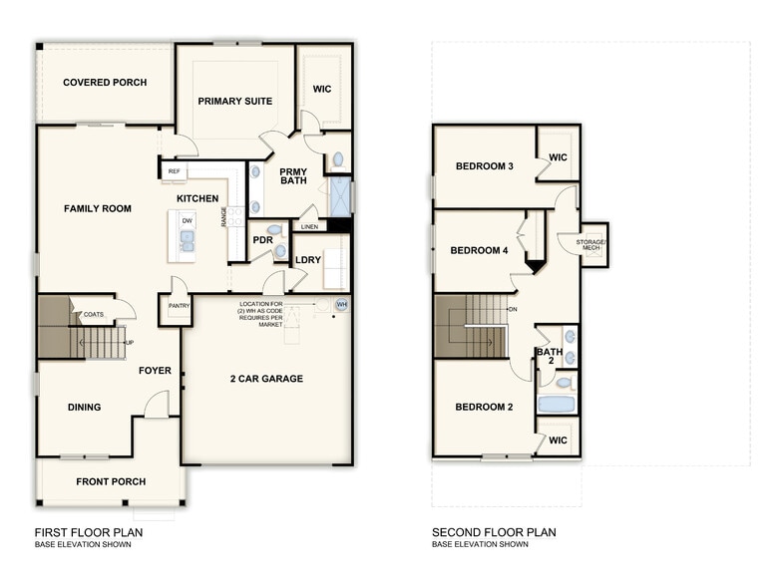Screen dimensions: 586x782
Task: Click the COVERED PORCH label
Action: pyautogui.click(x=105, y=83)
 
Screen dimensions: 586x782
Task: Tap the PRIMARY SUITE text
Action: pyautogui.click(x=235, y=101)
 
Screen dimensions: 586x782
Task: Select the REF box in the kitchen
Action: pyautogui.click(x=174, y=171)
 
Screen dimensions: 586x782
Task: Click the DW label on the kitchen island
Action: pyautogui.click(x=187, y=219)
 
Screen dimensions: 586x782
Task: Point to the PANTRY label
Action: pyautogui.click(x=179, y=306)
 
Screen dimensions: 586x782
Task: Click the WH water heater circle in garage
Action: pyautogui.click(x=341, y=305)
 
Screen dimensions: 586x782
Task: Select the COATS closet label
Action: pyautogui.click(x=94, y=313)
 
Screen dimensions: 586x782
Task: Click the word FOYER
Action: pyautogui.click(x=155, y=371)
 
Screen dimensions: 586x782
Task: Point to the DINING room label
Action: pyautogui.click(x=84, y=407)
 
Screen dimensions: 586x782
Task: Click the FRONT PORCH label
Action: pyautogui.click(x=111, y=481)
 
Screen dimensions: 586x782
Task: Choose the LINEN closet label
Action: pyautogui.click(x=309, y=226)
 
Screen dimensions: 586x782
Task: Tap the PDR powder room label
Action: pyautogui.click(x=262, y=240)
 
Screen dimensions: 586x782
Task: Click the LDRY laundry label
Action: pyautogui.click(x=308, y=260)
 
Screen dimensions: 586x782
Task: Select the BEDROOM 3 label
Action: pyautogui.click(x=484, y=165)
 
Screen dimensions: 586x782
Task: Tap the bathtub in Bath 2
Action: pyautogui.click(x=556, y=405)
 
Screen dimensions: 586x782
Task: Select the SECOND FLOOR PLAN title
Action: pyautogui.click(x=494, y=532)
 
